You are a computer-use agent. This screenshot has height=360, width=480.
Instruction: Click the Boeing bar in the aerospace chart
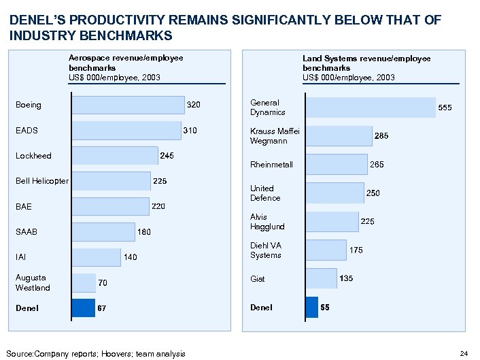[x=128, y=104]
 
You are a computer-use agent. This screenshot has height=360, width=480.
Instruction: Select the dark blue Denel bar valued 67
[x=84, y=308]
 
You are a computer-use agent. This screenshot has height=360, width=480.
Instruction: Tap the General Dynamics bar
[x=371, y=107]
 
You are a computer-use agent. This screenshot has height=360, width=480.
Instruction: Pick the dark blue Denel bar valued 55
[x=312, y=307]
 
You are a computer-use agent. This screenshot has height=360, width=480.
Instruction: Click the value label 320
[x=194, y=105]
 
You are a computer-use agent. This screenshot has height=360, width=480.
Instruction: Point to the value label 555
[x=445, y=108]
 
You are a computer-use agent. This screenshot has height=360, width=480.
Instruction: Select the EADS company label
[x=27, y=130]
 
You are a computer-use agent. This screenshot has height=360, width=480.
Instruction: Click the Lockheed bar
[x=114, y=155]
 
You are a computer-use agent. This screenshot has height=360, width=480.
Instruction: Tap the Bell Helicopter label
[x=42, y=181]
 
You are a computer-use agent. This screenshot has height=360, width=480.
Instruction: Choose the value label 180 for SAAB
[x=144, y=232]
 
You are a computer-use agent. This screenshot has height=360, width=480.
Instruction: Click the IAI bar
[x=96, y=257]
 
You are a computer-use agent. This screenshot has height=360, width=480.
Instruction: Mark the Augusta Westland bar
[x=84, y=282]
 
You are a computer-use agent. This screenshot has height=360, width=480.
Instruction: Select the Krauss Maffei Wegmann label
[x=269, y=136]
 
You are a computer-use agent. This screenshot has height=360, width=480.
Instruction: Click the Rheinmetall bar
[x=335, y=164]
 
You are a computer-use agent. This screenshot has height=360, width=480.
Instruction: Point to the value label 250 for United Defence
[x=373, y=193]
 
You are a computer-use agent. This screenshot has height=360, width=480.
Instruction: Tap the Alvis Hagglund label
[x=267, y=222]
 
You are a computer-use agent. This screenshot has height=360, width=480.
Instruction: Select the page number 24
[x=464, y=353]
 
